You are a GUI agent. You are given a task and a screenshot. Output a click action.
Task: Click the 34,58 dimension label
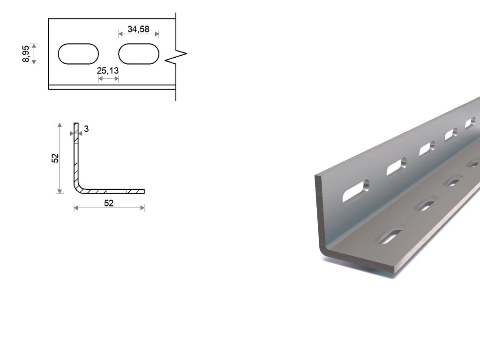coord(138,29)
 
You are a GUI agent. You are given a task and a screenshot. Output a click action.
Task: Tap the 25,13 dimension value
coord(108,71)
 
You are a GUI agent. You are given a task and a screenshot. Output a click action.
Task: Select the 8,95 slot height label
coord(26,54)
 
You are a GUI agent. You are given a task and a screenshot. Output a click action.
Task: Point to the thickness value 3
coord(86,129)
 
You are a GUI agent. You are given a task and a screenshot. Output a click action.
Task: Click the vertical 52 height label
coord(55,158)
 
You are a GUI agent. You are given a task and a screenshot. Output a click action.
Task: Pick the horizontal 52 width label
coord(109,203)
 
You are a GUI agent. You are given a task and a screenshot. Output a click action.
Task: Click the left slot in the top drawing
coord(78,54)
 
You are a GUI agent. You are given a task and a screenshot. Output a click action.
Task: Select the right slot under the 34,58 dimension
coord(139,54)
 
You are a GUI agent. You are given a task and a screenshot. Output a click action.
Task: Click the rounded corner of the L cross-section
coord(77,188)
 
